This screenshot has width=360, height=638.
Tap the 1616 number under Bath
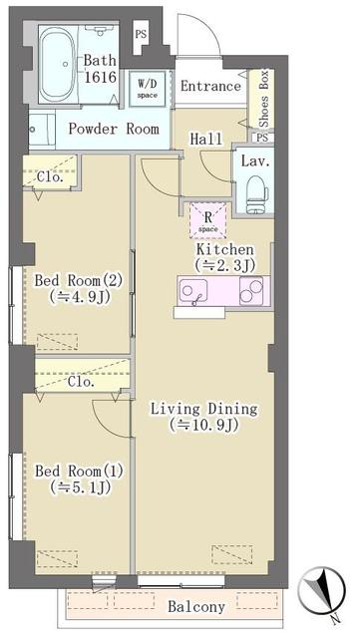(x=100, y=76)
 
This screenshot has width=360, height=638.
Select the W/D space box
(x=149, y=87)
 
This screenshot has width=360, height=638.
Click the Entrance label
(x=210, y=87)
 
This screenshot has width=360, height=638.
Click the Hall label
(x=206, y=140)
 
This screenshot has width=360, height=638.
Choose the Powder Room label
(x=113, y=129)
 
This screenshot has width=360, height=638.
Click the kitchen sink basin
(x=192, y=289)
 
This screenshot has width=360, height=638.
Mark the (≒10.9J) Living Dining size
(x=203, y=425)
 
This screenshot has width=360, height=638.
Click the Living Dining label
(x=203, y=408)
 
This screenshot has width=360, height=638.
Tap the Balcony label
(x=195, y=606)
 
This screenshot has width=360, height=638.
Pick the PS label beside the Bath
(x=141, y=35)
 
